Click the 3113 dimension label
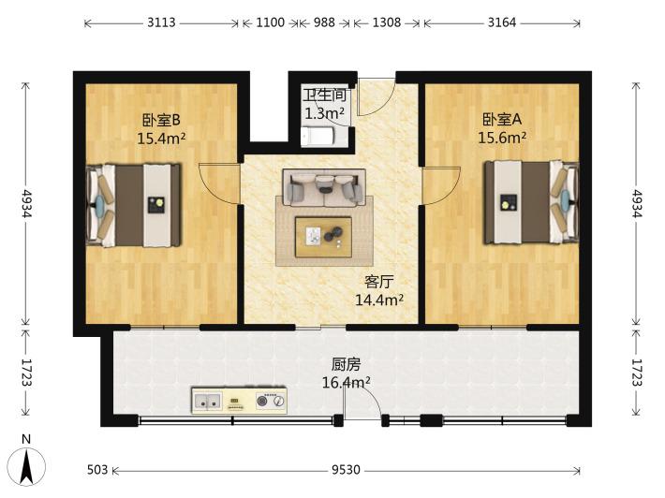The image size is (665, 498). click(x=161, y=22)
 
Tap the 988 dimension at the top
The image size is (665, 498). click(x=324, y=22)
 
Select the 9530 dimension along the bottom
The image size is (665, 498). click(x=346, y=470)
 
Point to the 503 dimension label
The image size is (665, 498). click(x=97, y=470)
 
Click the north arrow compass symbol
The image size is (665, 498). click(x=27, y=465)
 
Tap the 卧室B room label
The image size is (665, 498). click(x=161, y=120)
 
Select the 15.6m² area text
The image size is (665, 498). click(x=503, y=138)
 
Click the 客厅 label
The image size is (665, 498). click(x=378, y=282)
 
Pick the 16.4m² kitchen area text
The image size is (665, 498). click(x=346, y=382)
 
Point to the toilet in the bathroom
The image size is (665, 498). click(x=318, y=137)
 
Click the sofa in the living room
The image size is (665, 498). click(x=324, y=188)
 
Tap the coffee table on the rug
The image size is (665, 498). click(x=323, y=237)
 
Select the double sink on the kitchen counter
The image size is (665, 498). click(x=207, y=400)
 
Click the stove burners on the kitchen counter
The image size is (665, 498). click(x=271, y=400)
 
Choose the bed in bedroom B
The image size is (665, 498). click(x=134, y=205)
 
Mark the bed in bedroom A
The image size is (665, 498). click(x=532, y=202)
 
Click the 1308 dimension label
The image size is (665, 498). click(x=387, y=22)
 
